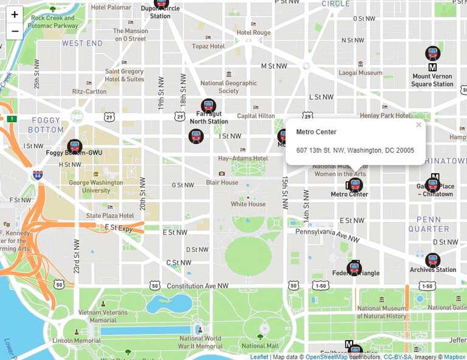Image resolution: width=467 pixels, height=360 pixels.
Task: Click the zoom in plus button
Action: click(15, 15)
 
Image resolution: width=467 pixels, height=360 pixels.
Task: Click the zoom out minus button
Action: click(15, 31)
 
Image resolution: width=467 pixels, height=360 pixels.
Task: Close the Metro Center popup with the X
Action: click(418, 125)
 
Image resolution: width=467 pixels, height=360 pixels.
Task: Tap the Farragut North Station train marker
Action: click(209, 106)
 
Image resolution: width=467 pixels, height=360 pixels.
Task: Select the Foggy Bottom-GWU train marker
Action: click(75, 146)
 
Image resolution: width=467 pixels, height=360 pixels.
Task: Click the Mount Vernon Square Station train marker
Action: click(433, 54)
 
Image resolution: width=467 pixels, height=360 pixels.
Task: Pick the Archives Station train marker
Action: click(433, 260)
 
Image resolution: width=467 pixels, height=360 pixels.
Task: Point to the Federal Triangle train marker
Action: click(355, 268)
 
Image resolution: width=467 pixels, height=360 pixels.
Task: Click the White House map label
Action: click(248, 204)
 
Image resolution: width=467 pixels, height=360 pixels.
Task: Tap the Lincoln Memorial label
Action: click(77, 341)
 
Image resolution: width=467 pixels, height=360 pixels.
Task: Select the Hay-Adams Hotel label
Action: click(243, 159)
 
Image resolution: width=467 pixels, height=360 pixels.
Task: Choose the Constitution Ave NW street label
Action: click(198, 286)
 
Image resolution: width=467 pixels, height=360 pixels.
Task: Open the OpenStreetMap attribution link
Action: click(327, 357)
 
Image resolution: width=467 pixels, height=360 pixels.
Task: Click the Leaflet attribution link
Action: click(258, 357)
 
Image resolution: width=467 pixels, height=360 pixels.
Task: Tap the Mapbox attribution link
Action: click(454, 357)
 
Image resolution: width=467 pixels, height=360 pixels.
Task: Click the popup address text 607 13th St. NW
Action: click(355, 150)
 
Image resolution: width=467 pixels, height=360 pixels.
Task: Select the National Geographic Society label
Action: click(229, 87)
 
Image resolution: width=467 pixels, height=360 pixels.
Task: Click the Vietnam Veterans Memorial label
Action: click(103, 316)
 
